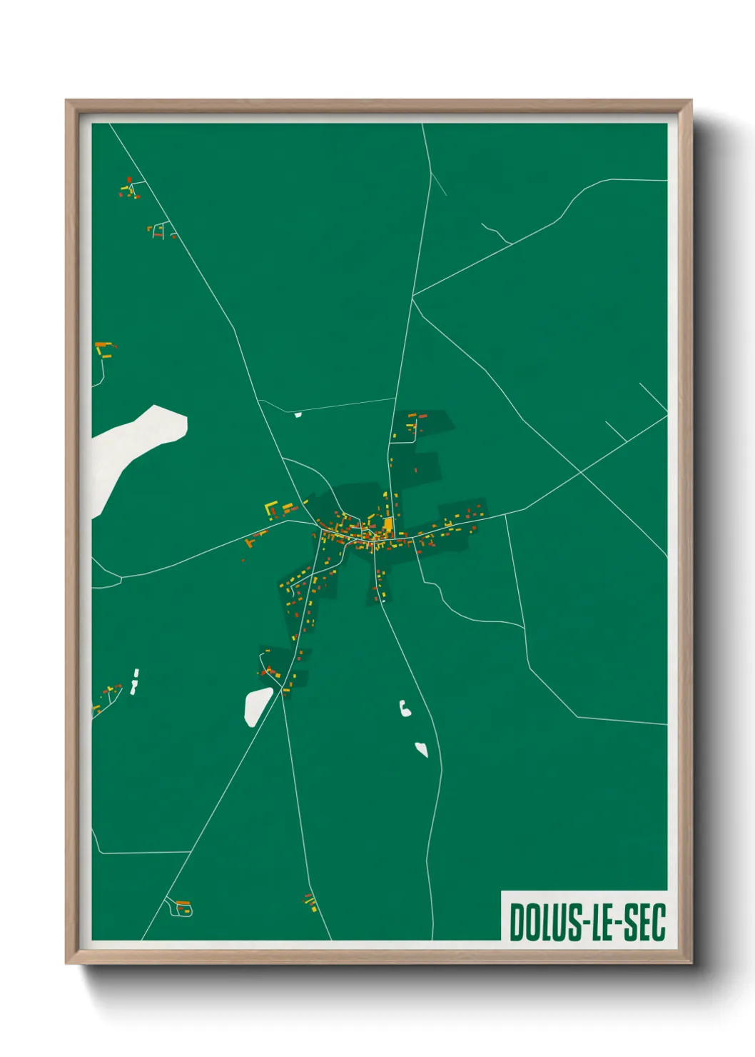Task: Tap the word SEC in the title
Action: tap(644, 921)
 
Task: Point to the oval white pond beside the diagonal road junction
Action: tap(258, 706)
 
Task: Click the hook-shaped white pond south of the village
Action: tap(405, 709)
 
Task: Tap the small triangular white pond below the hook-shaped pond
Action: tap(422, 750)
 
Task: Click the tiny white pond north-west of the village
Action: tap(298, 414)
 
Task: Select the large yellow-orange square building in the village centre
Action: tap(388, 525)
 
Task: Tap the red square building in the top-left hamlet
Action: tap(129, 180)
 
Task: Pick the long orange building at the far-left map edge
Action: tap(103, 345)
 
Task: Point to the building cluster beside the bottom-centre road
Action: tap(310, 901)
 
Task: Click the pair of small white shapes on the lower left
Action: tap(135, 681)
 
